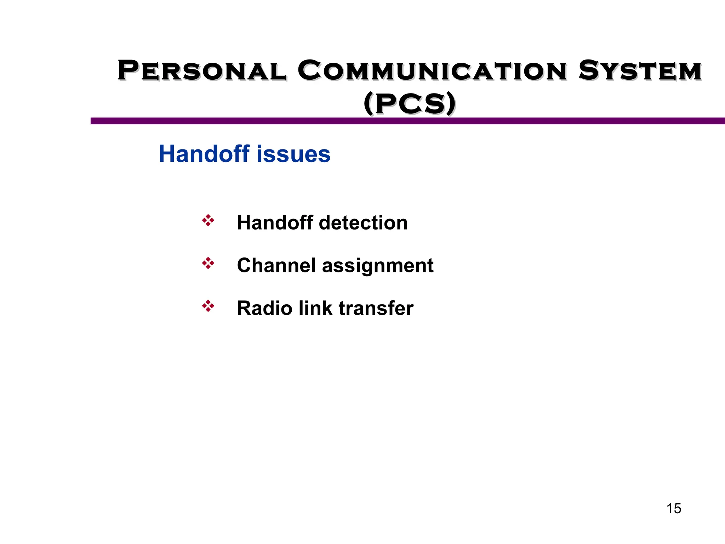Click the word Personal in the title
point(202,71)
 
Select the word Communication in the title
point(432,71)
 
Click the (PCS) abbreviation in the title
point(410,103)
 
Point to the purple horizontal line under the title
point(407,121)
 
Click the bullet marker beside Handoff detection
point(208,220)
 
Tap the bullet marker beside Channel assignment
point(208,263)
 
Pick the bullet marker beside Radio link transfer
point(208,306)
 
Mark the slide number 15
point(674,509)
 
